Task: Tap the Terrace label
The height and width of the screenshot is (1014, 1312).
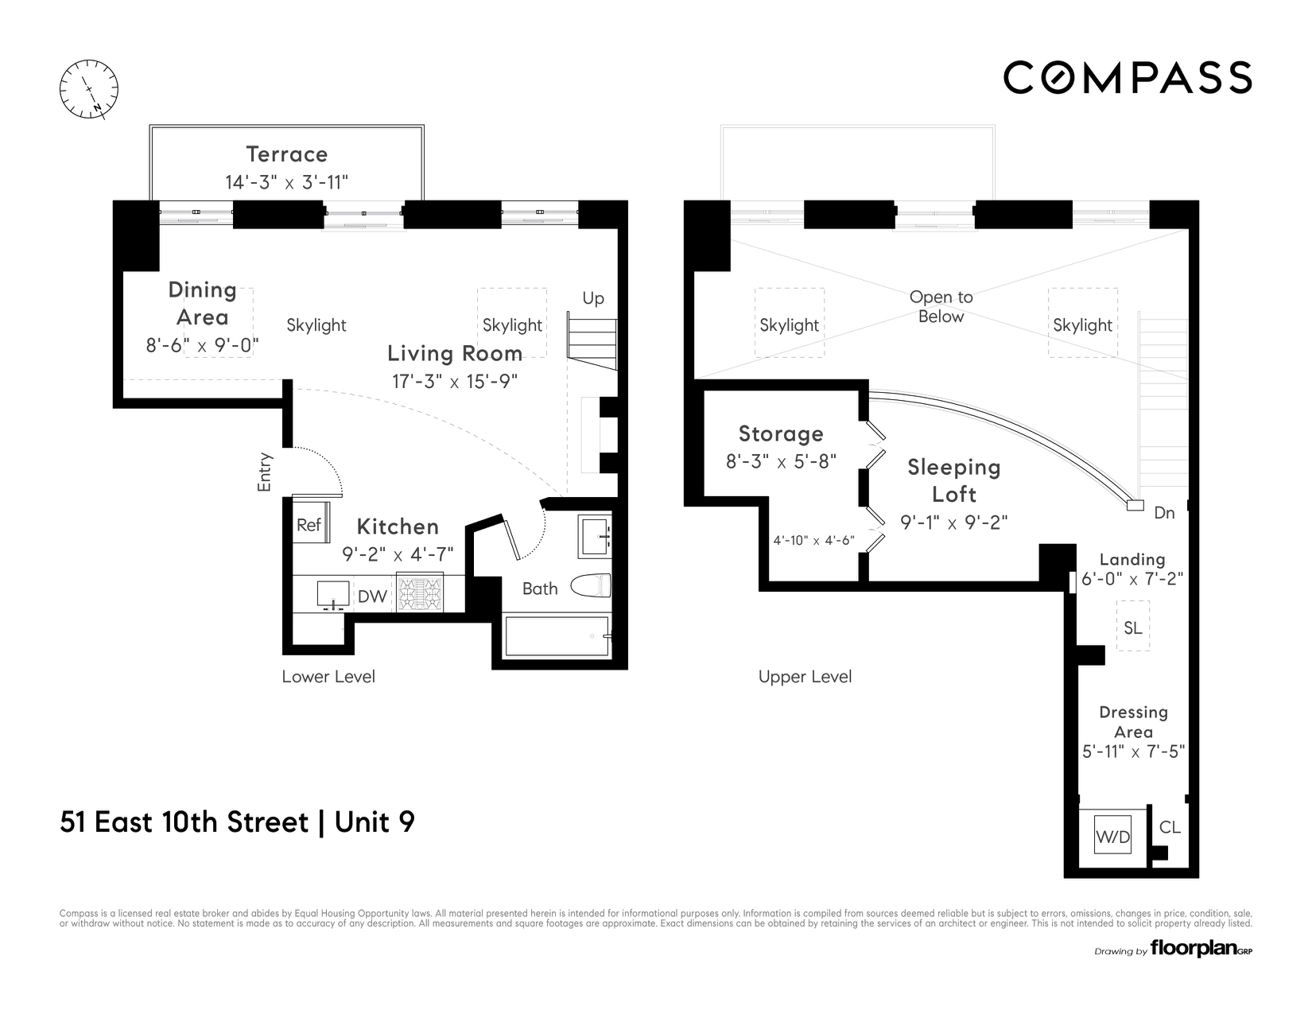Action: [x=286, y=154]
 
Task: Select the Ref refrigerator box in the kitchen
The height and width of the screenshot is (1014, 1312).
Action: [x=309, y=524]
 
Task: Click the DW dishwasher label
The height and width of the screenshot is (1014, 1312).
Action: [x=372, y=596]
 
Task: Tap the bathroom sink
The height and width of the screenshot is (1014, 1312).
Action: [x=594, y=537]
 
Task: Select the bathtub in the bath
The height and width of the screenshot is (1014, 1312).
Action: [x=557, y=636]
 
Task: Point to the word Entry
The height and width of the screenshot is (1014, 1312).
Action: [x=265, y=472]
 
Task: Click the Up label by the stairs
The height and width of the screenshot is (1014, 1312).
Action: [x=593, y=298]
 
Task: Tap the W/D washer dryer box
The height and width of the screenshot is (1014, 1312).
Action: [x=1112, y=836]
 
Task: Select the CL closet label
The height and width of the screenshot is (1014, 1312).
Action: [x=1170, y=827]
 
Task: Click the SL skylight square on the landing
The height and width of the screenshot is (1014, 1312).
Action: [x=1133, y=627]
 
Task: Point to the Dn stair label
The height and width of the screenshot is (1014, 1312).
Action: [x=1164, y=513]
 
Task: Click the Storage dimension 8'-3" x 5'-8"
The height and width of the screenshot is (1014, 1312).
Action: [x=781, y=461]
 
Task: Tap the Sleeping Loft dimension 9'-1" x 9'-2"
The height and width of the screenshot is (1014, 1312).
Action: [x=953, y=523]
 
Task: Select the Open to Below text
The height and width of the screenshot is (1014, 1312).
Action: [x=941, y=306]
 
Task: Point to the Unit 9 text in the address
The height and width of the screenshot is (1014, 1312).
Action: [x=375, y=822]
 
